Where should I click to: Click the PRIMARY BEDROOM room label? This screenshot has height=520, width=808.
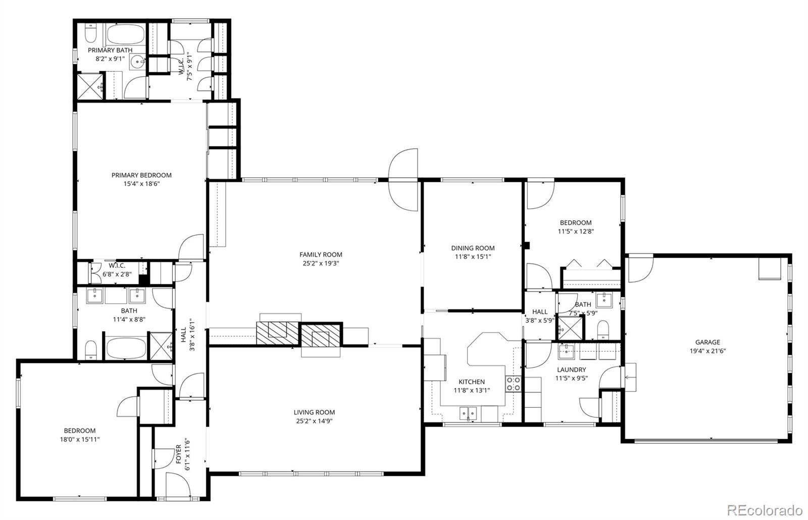point(141,175)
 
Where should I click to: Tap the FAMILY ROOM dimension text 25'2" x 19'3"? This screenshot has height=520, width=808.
point(321,263)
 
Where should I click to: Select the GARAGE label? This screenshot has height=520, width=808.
point(708,342)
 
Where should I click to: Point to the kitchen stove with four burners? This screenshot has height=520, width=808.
point(513,384)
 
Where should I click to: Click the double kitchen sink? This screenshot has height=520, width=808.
point(468,413)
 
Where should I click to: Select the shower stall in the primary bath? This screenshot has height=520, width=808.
point(89,86)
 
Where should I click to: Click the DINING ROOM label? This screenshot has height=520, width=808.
point(473,248)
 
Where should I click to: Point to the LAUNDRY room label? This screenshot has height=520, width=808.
point(571,370)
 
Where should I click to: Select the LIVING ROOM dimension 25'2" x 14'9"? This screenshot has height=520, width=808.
point(314,421)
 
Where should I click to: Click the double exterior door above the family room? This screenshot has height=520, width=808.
point(403,179)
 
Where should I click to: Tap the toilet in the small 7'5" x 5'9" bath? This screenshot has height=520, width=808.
point(603,330)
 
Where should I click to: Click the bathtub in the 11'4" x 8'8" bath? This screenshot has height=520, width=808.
point(126,348)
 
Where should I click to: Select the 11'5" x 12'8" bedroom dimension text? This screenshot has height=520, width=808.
point(575,231)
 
